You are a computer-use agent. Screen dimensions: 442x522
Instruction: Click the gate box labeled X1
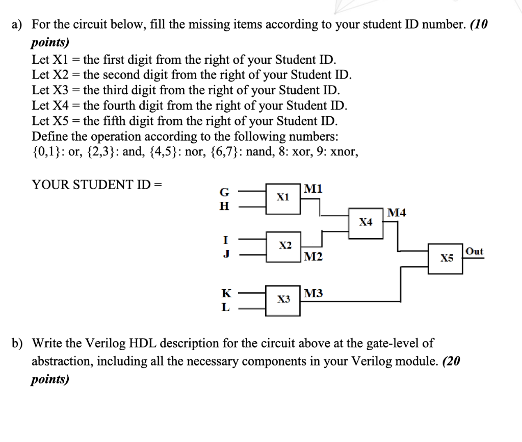click(283, 197)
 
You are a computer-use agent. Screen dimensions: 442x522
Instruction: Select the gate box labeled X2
click(283, 246)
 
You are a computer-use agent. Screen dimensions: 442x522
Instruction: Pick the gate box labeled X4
click(366, 222)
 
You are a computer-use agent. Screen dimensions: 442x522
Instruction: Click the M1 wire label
click(313, 189)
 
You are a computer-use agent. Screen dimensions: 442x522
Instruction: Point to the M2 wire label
click(313, 256)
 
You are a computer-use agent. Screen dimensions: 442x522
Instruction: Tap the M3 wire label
click(313, 293)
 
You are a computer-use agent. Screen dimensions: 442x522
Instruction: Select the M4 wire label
click(397, 213)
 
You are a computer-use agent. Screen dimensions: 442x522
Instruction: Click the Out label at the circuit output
click(474, 251)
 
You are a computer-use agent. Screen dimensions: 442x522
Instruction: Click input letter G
click(224, 193)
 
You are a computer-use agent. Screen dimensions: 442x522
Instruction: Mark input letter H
click(224, 206)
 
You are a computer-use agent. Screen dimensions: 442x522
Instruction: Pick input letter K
click(225, 294)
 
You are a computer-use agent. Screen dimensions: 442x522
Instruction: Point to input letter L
click(225, 307)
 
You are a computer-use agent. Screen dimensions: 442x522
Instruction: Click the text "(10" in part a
click(479, 24)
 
